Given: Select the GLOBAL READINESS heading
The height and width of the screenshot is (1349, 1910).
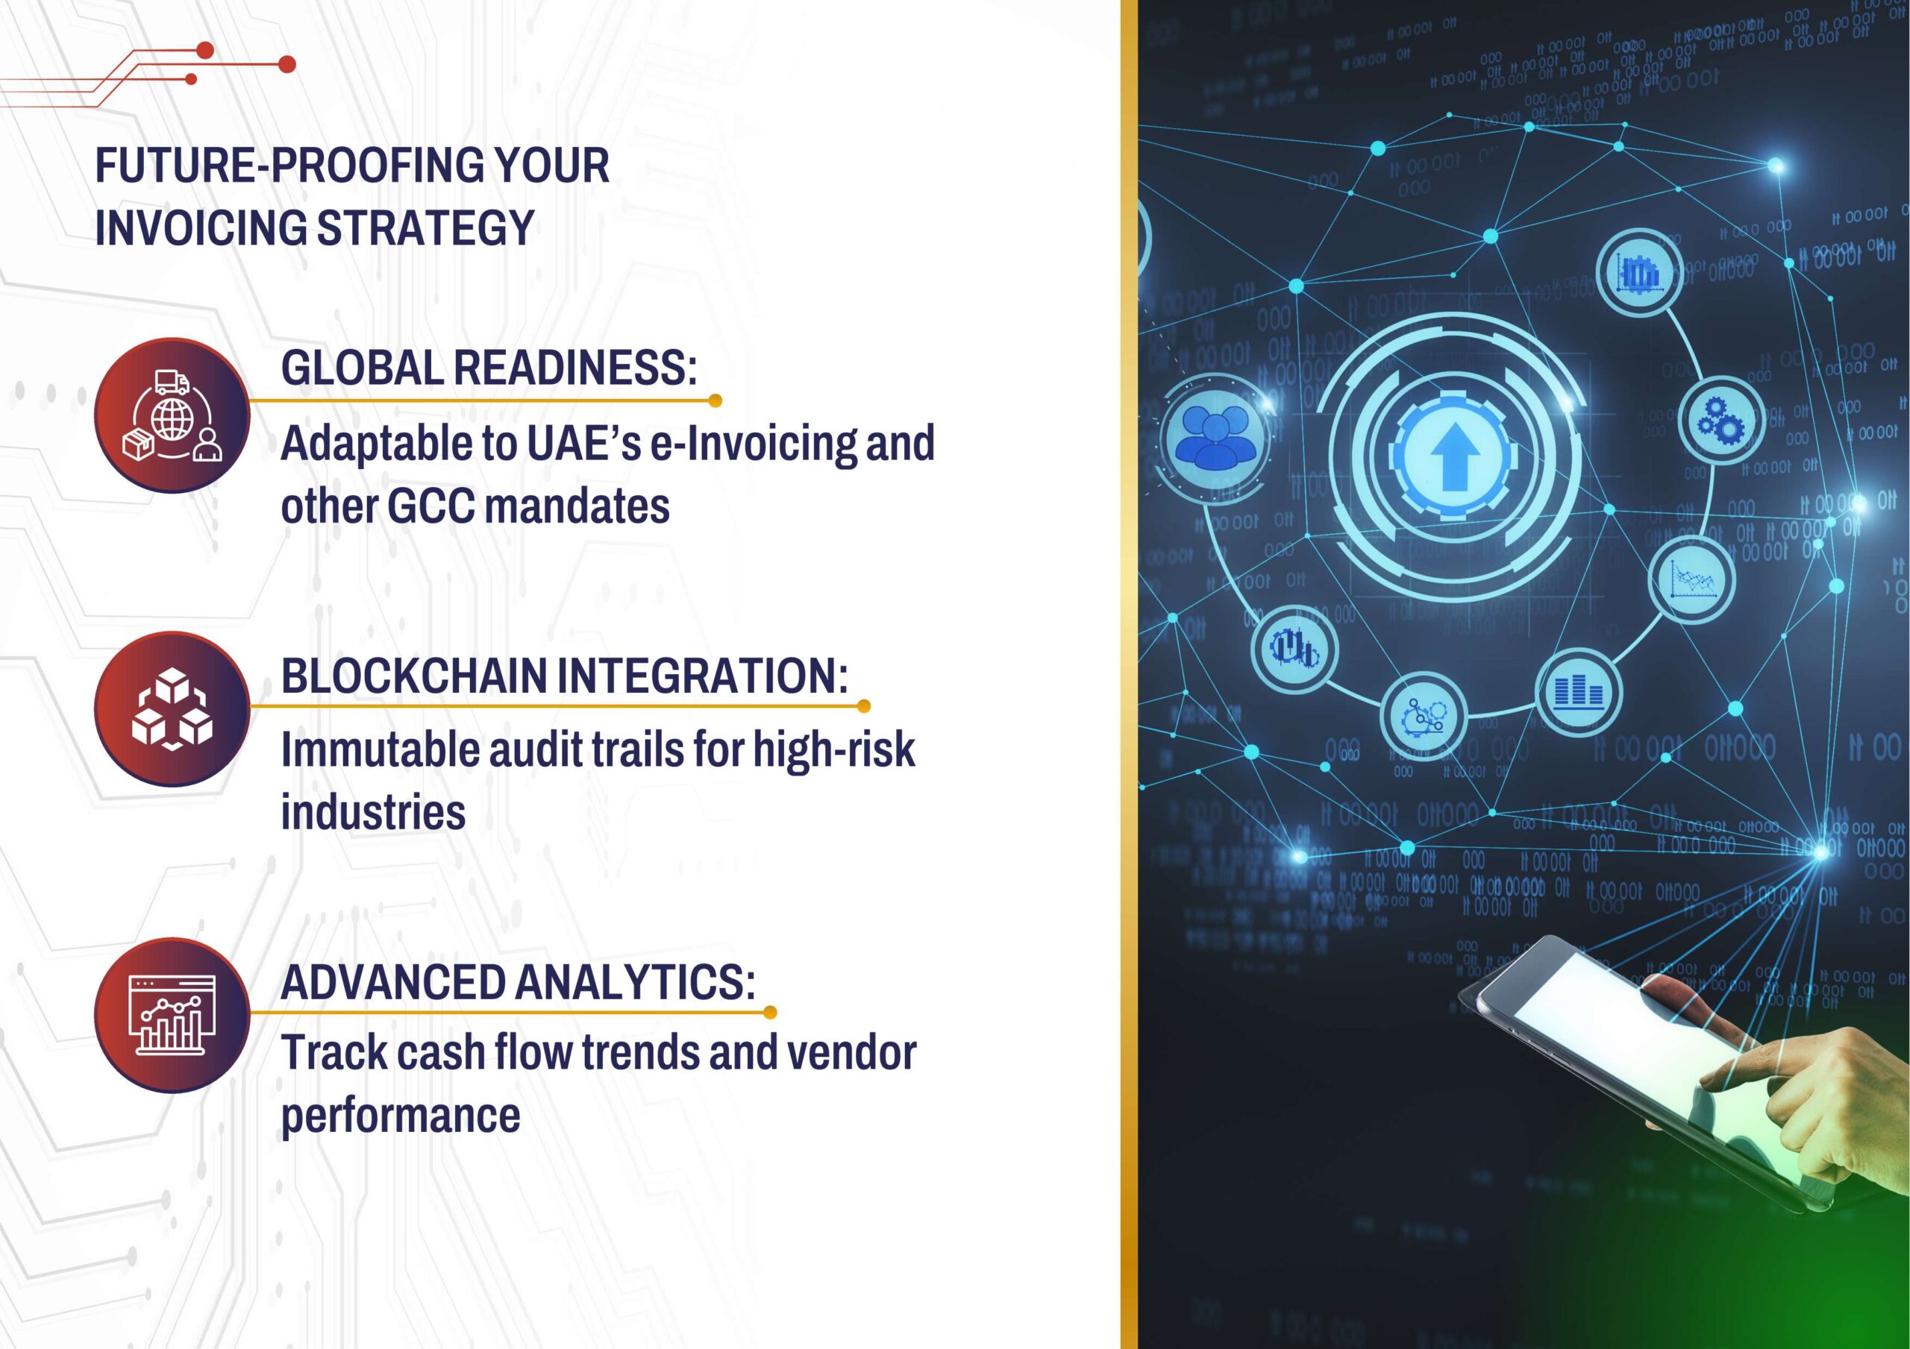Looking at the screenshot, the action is [488, 368].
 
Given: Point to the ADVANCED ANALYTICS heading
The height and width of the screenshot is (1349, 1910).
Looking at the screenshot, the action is [518, 981].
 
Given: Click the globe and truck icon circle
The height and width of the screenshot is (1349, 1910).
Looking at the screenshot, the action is [172, 415].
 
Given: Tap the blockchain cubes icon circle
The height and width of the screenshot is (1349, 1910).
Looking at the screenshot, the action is [172, 709].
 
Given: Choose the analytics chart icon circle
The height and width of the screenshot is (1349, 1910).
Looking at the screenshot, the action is [172, 1016].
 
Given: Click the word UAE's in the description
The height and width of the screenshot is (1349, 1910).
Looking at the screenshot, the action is [584, 443].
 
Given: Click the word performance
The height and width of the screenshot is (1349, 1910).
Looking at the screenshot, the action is [400, 1116].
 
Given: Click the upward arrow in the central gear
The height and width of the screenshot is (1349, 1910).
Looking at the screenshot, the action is [1453, 456].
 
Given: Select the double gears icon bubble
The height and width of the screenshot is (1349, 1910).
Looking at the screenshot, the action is [1721, 419].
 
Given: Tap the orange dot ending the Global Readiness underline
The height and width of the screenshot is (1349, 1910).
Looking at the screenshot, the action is [715, 401].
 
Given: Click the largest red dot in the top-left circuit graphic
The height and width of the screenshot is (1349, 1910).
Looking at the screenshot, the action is [287, 64].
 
